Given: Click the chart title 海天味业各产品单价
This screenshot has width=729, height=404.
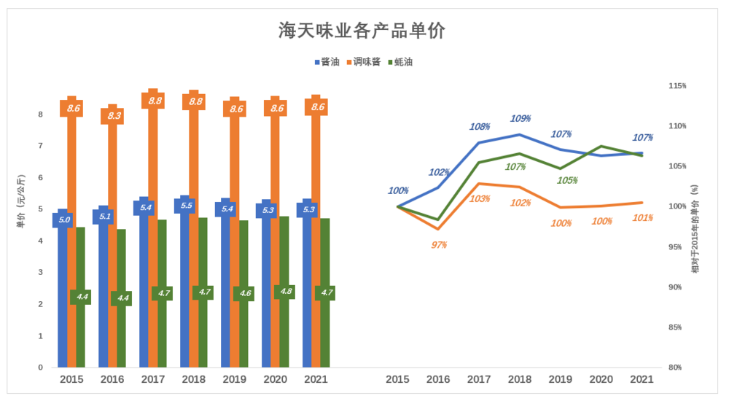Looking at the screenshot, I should [x=362, y=31].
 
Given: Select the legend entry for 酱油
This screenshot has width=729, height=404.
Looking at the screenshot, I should [x=327, y=63].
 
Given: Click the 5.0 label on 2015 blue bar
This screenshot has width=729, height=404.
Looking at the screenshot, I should [x=64, y=220].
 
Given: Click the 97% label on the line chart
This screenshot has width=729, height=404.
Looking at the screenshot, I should [x=439, y=245].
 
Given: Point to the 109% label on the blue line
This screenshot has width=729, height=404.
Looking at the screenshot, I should [x=521, y=118].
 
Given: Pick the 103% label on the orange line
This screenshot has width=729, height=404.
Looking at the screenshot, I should [x=480, y=198].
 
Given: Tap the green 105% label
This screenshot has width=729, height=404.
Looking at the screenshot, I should [x=567, y=180].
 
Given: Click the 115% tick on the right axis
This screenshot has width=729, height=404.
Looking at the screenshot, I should [x=677, y=86].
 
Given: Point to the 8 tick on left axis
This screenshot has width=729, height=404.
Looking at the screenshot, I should [x=41, y=114].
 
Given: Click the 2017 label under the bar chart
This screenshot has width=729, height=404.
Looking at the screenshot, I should [x=153, y=380].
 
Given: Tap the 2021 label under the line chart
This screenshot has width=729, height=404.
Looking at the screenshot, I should [x=642, y=380].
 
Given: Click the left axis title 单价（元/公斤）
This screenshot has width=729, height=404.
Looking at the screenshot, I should [x=20, y=201].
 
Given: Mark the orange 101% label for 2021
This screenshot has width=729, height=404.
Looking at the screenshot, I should [x=642, y=218].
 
